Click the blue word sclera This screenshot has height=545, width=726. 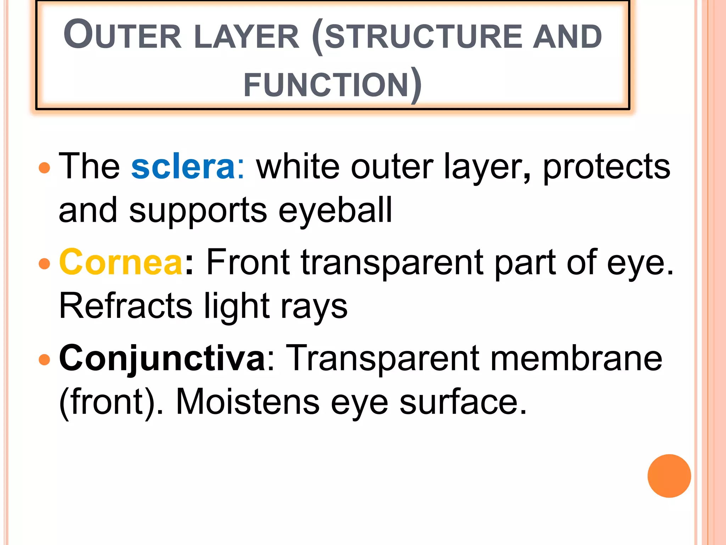tap(183, 167)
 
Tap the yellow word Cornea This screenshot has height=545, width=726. tap(121, 263)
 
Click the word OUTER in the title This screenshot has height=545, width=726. tap(122, 35)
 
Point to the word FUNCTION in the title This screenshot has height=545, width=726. tap(326, 84)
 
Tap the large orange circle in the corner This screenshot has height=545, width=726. tap(669, 476)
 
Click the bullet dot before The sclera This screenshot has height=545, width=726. tap(44, 167)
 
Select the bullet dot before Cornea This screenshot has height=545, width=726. tap(44, 264)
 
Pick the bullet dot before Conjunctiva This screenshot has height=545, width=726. tap(44, 359)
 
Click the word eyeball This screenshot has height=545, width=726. tap(335, 210)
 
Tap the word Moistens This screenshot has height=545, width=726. tap(247, 402)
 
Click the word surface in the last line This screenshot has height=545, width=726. tap(463, 402)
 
